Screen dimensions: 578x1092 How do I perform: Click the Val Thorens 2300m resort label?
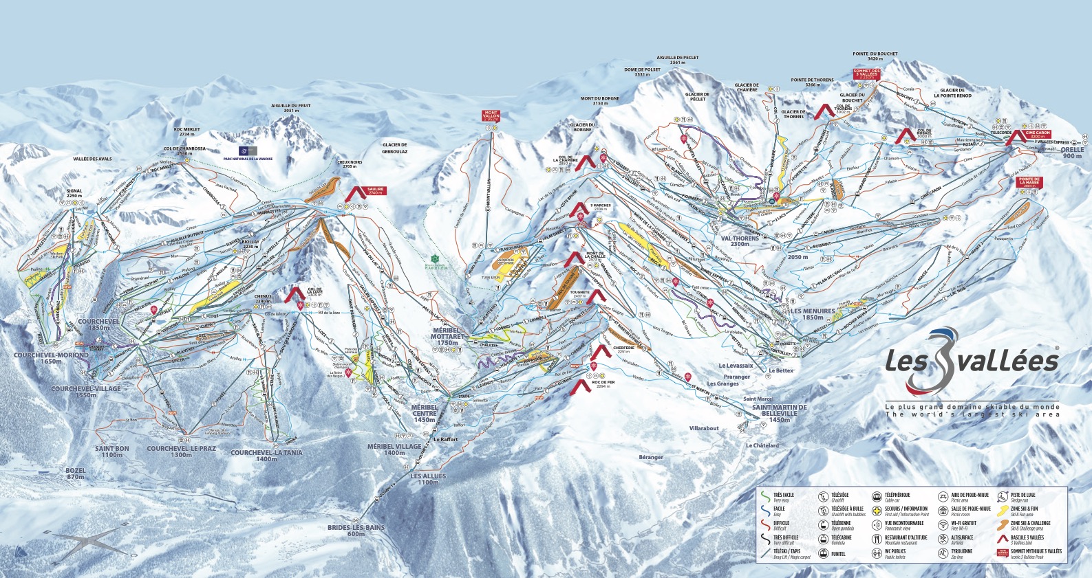point(740,241)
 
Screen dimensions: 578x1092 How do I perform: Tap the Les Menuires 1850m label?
point(812,314)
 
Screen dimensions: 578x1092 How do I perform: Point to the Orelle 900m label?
point(1071,153)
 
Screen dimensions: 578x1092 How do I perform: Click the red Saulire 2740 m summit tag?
point(376,191)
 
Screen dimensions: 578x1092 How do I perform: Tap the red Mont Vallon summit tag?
point(491,116)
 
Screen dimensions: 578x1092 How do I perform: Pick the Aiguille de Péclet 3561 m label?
point(678,60)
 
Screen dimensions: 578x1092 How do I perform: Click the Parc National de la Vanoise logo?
point(246,150)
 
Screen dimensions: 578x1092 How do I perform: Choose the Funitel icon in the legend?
point(823,553)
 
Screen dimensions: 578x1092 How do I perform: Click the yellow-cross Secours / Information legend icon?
point(877,511)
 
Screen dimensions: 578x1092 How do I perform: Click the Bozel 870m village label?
point(76,474)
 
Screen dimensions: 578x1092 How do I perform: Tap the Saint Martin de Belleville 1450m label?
point(780,410)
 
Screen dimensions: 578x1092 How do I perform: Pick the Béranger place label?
point(651,457)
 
